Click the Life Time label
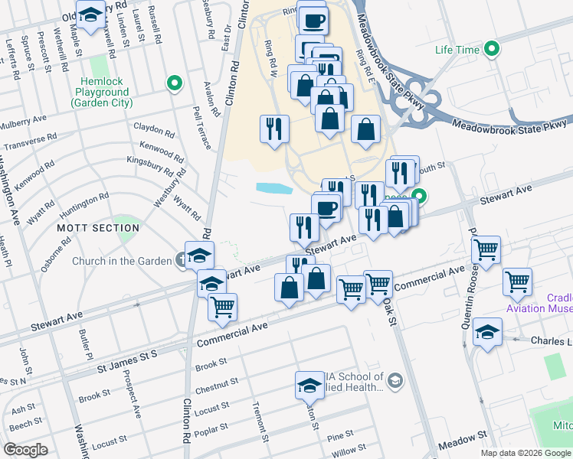tap(457, 50)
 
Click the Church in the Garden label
tap(122, 261)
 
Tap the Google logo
tap(26, 450)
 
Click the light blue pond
tap(274, 188)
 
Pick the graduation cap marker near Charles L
tap(487, 333)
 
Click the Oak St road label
tap(390, 311)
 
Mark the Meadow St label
tap(463, 433)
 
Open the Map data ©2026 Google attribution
tap(525, 453)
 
